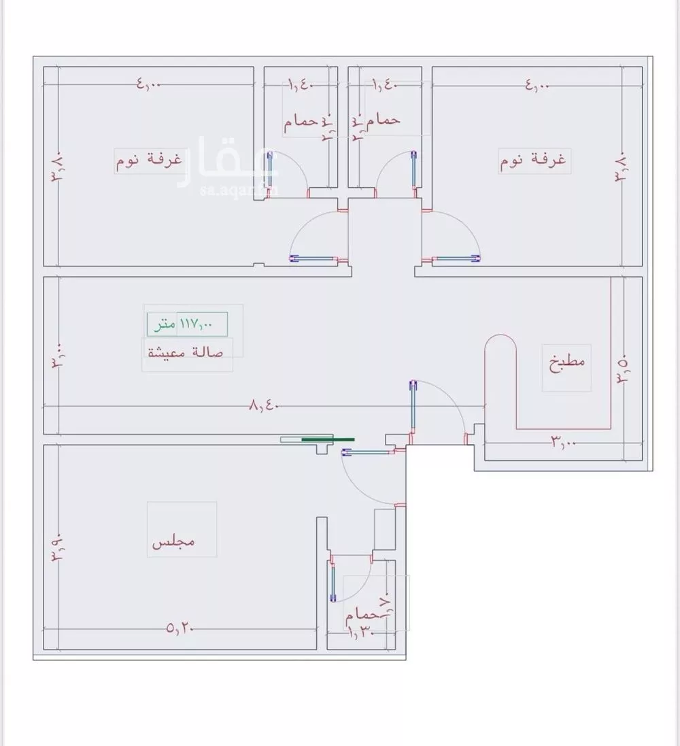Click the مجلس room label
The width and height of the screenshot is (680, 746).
pyautogui.click(x=173, y=542)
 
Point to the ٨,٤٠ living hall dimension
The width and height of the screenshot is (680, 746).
pyautogui.click(x=265, y=406)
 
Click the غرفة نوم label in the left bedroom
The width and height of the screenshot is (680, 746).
pyautogui.click(x=148, y=160)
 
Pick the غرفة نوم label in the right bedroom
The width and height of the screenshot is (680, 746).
pyautogui.click(x=533, y=162)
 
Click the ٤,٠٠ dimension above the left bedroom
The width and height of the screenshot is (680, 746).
pyautogui.click(x=149, y=84)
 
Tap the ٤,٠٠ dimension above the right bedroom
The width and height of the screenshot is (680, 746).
pyautogui.click(x=537, y=86)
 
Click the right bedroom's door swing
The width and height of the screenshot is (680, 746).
pyautogui.click(x=452, y=238)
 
